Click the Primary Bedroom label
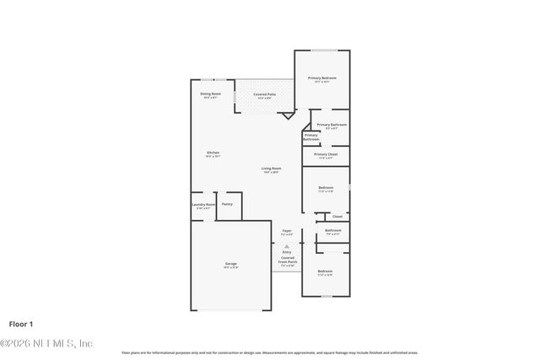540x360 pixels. [321, 78]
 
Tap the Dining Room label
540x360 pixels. [211, 94]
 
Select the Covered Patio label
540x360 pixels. [264, 95]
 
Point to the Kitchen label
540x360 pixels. [213, 153]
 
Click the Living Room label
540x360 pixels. [271, 169]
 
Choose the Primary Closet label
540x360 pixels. [326, 155]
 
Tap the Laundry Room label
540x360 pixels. [202, 205]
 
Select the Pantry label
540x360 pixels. [227, 204]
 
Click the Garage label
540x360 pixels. [230, 265]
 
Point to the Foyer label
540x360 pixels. [287, 232]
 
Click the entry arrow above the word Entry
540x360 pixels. [287, 246]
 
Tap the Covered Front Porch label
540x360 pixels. [287, 260]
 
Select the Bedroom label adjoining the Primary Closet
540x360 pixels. [326, 189]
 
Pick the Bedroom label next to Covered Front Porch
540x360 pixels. [325, 272]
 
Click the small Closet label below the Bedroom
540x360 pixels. [337, 217]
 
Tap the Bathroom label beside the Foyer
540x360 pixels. [332, 231]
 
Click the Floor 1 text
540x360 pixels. [20, 323]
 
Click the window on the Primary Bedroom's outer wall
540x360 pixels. [321, 51]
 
